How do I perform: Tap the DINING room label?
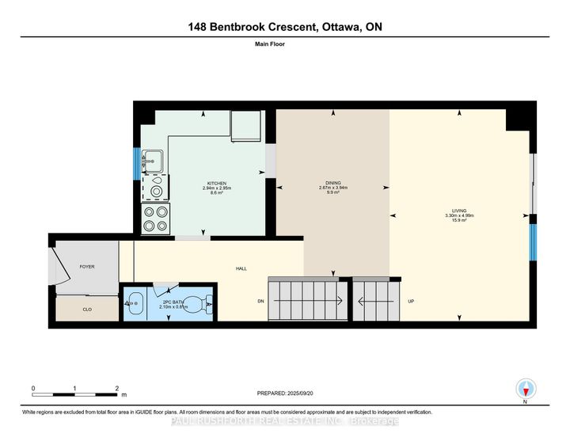point(333,184)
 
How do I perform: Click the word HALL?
point(241,268)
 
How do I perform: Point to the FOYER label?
point(86,267)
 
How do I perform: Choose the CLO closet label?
point(87,310)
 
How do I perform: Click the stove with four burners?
point(156,219)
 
